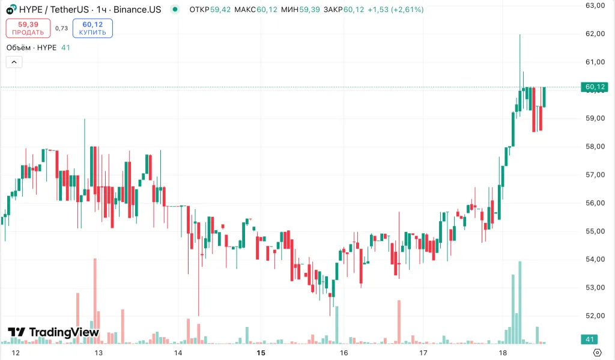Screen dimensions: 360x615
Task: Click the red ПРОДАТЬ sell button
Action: (x=28, y=28)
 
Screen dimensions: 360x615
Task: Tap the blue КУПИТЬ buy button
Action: (x=92, y=28)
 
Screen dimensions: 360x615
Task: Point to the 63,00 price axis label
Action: (x=595, y=5)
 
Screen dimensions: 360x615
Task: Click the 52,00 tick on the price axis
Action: (x=595, y=316)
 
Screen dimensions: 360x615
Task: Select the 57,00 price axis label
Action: (x=595, y=175)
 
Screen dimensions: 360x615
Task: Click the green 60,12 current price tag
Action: (x=595, y=87)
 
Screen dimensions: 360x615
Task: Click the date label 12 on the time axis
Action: (x=16, y=353)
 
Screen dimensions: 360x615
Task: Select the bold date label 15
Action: (x=261, y=353)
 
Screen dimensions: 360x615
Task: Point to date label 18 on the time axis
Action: (x=503, y=353)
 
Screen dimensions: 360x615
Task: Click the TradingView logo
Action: (x=53, y=332)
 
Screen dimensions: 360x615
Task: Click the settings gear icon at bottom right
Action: (x=598, y=353)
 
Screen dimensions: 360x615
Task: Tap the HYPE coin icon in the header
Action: (x=11, y=10)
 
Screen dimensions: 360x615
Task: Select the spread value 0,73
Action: (x=61, y=28)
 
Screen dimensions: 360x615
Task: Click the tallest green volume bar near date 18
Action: (x=520, y=301)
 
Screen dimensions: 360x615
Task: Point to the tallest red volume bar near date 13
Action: (x=95, y=301)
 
